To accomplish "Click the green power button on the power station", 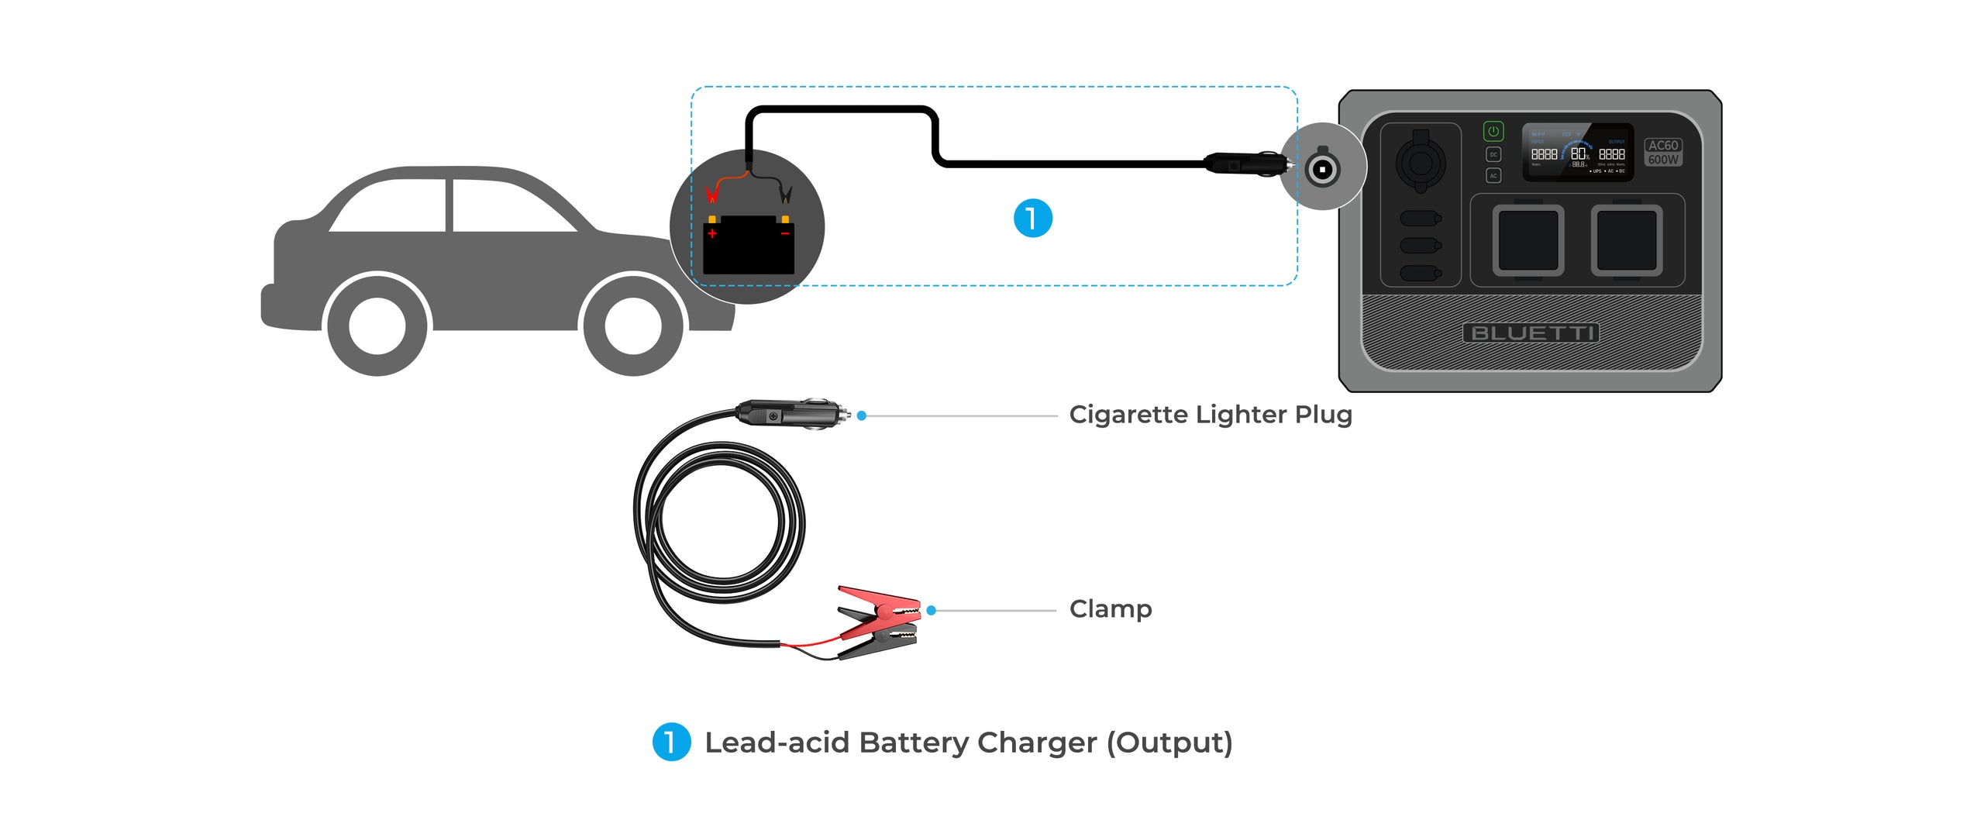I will click(1493, 131).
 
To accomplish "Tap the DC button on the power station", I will click(1493, 154).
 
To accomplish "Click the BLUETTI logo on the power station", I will click(1531, 333).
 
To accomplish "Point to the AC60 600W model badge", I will click(1662, 152).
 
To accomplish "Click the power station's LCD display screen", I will click(1577, 153).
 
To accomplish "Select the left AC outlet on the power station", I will click(1528, 240).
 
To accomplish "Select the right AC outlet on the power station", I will click(1626, 240).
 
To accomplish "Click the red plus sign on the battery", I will click(712, 233).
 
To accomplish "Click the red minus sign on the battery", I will click(784, 233).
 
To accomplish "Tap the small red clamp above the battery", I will click(711, 192).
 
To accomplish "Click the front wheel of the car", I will click(632, 326).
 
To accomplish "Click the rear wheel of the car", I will click(377, 326).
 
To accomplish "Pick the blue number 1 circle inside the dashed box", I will click(1032, 218).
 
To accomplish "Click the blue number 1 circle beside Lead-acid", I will click(671, 742).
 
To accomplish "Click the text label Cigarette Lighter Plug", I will click(1210, 415).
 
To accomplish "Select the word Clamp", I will click(1110, 609).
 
